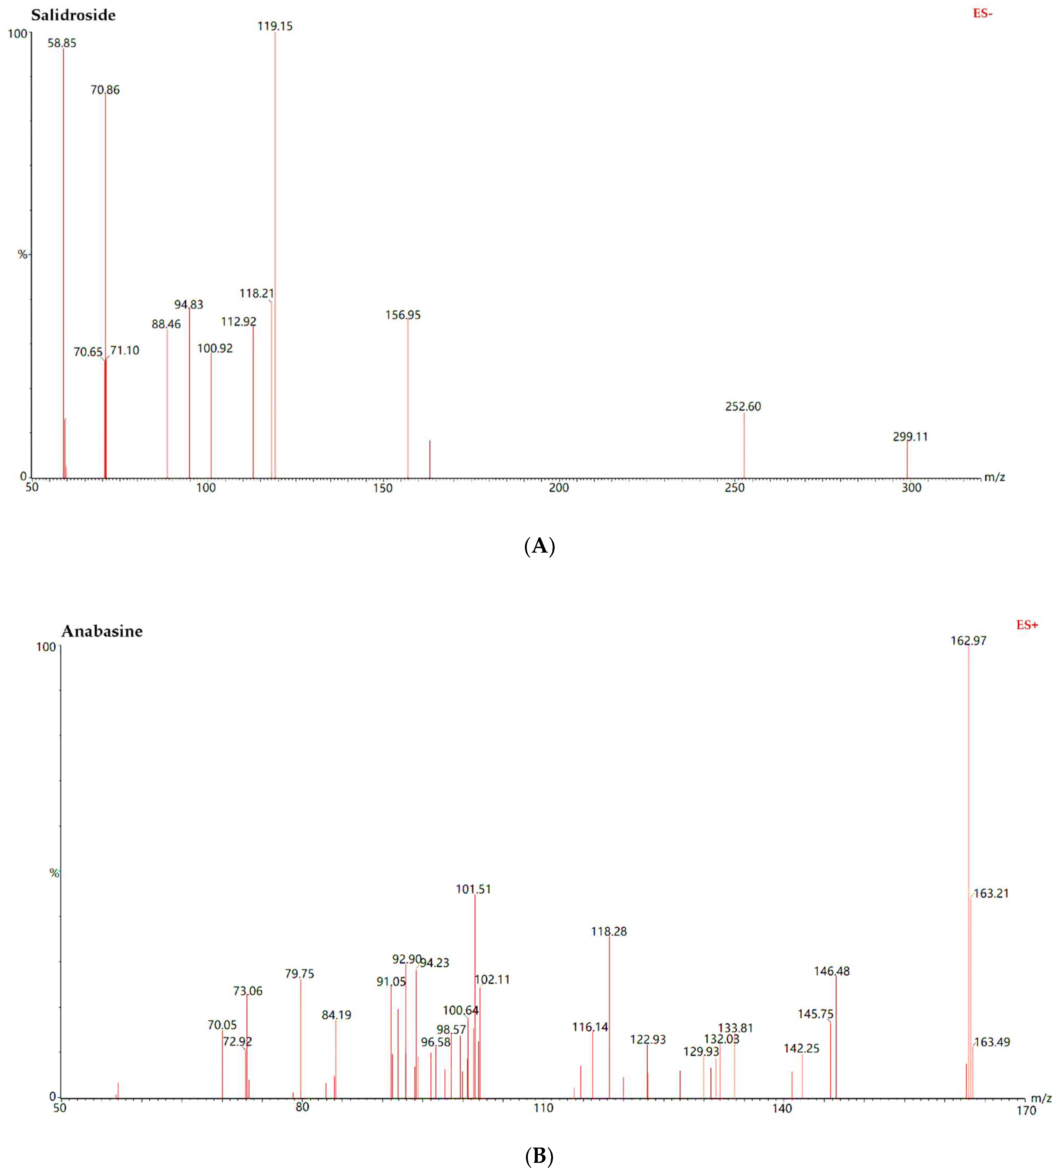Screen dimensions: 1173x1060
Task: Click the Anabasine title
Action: (102, 631)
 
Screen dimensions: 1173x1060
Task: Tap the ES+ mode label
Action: (1027, 625)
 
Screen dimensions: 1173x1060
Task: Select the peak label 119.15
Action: (275, 26)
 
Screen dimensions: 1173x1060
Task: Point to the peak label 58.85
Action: (62, 43)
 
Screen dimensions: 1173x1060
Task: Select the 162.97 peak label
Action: (969, 641)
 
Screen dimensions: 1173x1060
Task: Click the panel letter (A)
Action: (539, 546)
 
